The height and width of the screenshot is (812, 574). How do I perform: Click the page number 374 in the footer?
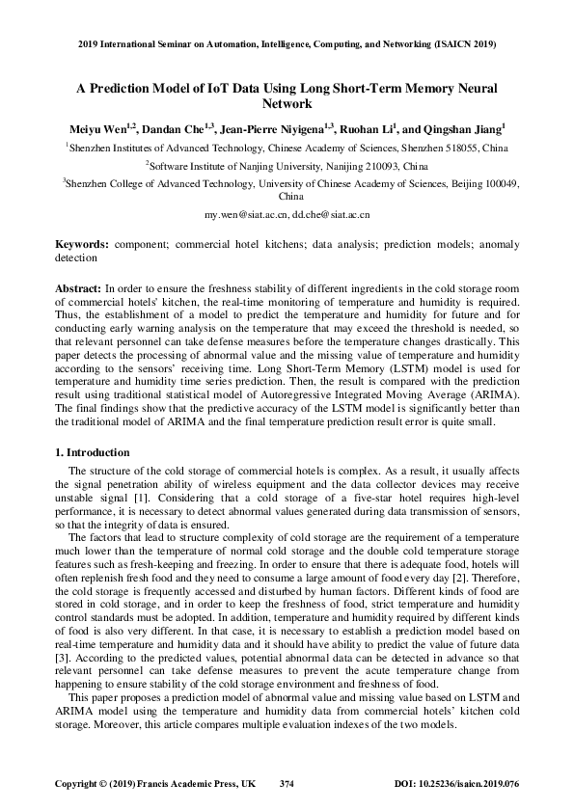pyautogui.click(x=287, y=784)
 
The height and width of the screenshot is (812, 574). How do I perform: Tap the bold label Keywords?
pyautogui.click(x=81, y=246)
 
